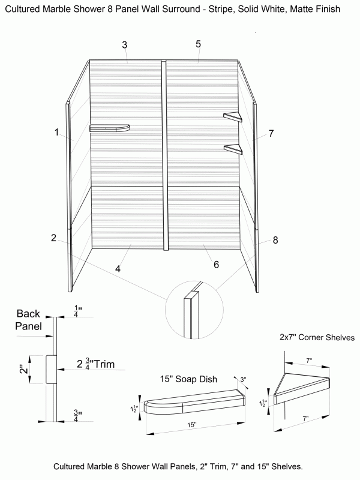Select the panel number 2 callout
point(53,238)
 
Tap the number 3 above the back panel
point(124,45)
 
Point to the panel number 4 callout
point(118,269)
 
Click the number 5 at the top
point(198,44)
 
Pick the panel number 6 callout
point(216,265)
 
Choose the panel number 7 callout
point(271,133)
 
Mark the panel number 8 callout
point(275,240)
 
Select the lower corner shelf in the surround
point(233,149)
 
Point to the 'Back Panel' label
point(28,320)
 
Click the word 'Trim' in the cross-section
point(103,364)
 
